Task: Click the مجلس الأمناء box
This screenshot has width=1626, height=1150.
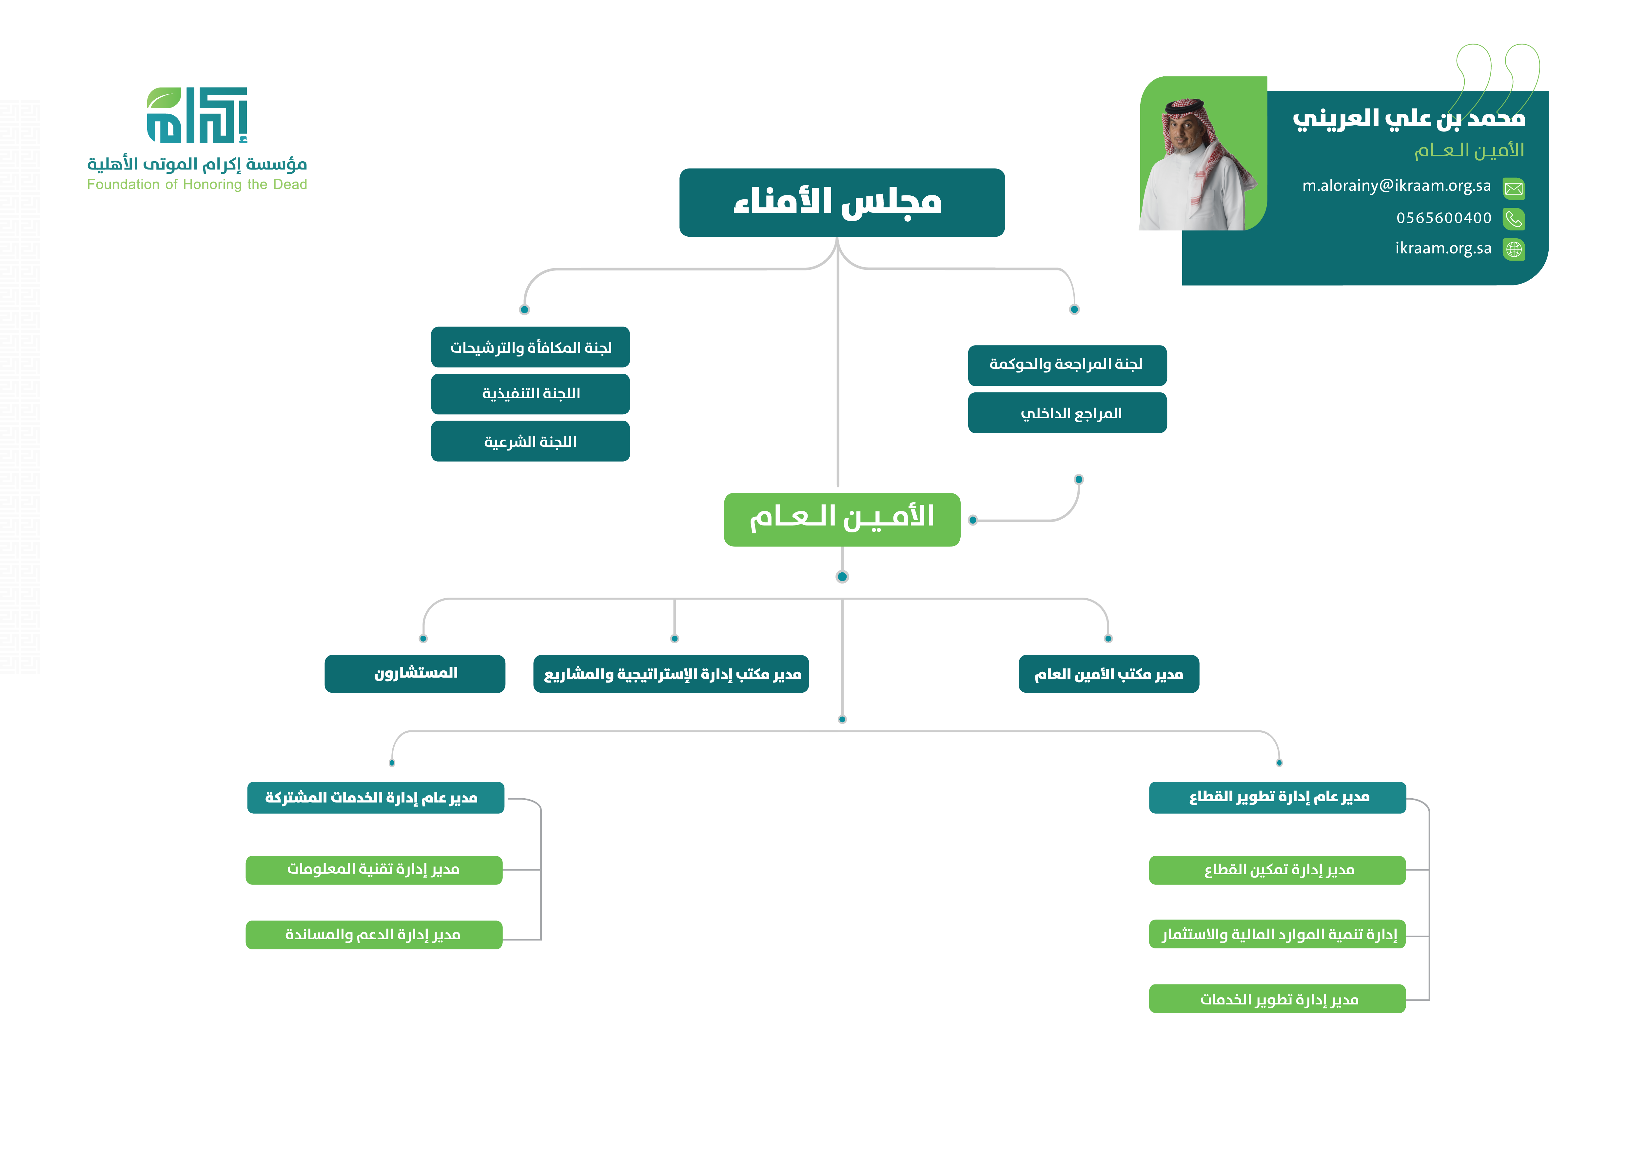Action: (x=841, y=203)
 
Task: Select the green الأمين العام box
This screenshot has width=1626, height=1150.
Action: (x=841, y=519)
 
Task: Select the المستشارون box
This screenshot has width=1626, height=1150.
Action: (x=415, y=673)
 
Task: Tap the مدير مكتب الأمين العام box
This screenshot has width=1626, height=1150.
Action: (x=1108, y=673)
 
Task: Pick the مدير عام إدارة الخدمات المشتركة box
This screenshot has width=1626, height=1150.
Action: (x=375, y=797)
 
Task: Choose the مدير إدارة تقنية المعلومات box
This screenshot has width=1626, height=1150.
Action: (x=374, y=870)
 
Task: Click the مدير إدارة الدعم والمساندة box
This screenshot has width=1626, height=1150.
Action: (x=374, y=935)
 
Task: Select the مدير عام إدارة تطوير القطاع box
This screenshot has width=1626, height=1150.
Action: (x=1277, y=797)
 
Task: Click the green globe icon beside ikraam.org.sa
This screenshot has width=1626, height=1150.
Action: (x=1513, y=249)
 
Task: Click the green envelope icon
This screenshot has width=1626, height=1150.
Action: (x=1513, y=188)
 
